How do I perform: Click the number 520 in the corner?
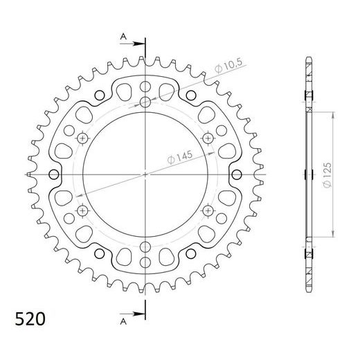pos(31,320)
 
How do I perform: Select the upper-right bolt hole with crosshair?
pos(206,138)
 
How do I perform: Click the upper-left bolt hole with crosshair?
pos(83,138)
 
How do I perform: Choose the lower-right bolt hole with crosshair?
pos(206,209)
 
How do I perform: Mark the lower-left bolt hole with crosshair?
pos(83,209)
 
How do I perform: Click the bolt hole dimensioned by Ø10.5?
pos(145,102)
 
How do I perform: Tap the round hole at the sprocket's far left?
pos(52,173)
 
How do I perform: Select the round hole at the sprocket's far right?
pos(237,173)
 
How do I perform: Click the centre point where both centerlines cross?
pos(145,173)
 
